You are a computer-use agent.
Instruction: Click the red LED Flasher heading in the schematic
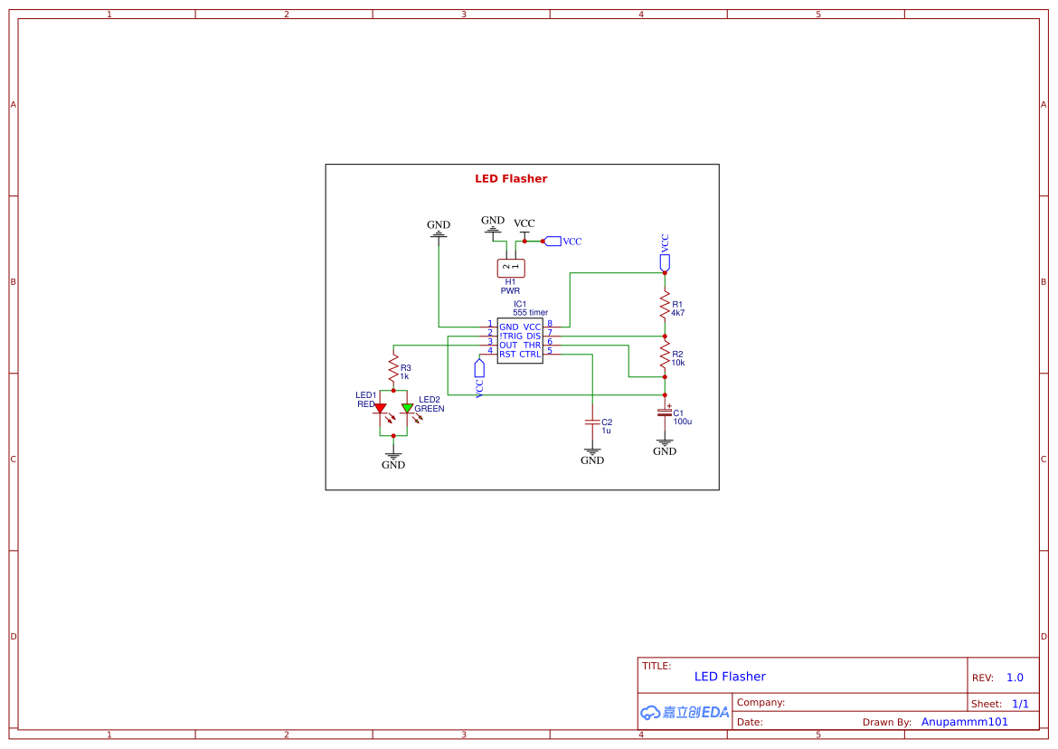(x=511, y=179)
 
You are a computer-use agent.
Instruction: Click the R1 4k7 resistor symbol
(x=665, y=305)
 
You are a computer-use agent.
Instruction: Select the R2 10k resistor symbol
(x=665, y=354)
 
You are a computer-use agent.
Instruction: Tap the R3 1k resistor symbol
(x=393, y=368)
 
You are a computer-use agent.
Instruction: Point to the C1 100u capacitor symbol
(x=665, y=412)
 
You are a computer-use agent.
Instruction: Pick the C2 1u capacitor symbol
(x=592, y=422)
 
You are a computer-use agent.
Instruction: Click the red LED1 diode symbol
(x=380, y=409)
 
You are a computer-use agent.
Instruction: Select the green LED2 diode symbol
(x=407, y=409)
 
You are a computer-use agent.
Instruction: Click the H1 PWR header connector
(x=511, y=267)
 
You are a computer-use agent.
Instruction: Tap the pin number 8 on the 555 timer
(x=549, y=324)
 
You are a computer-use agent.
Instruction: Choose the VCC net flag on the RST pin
(x=479, y=368)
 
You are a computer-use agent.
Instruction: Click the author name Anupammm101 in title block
(x=964, y=722)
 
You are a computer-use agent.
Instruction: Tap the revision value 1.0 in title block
(x=1015, y=678)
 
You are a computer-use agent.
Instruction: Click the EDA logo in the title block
(x=685, y=712)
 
